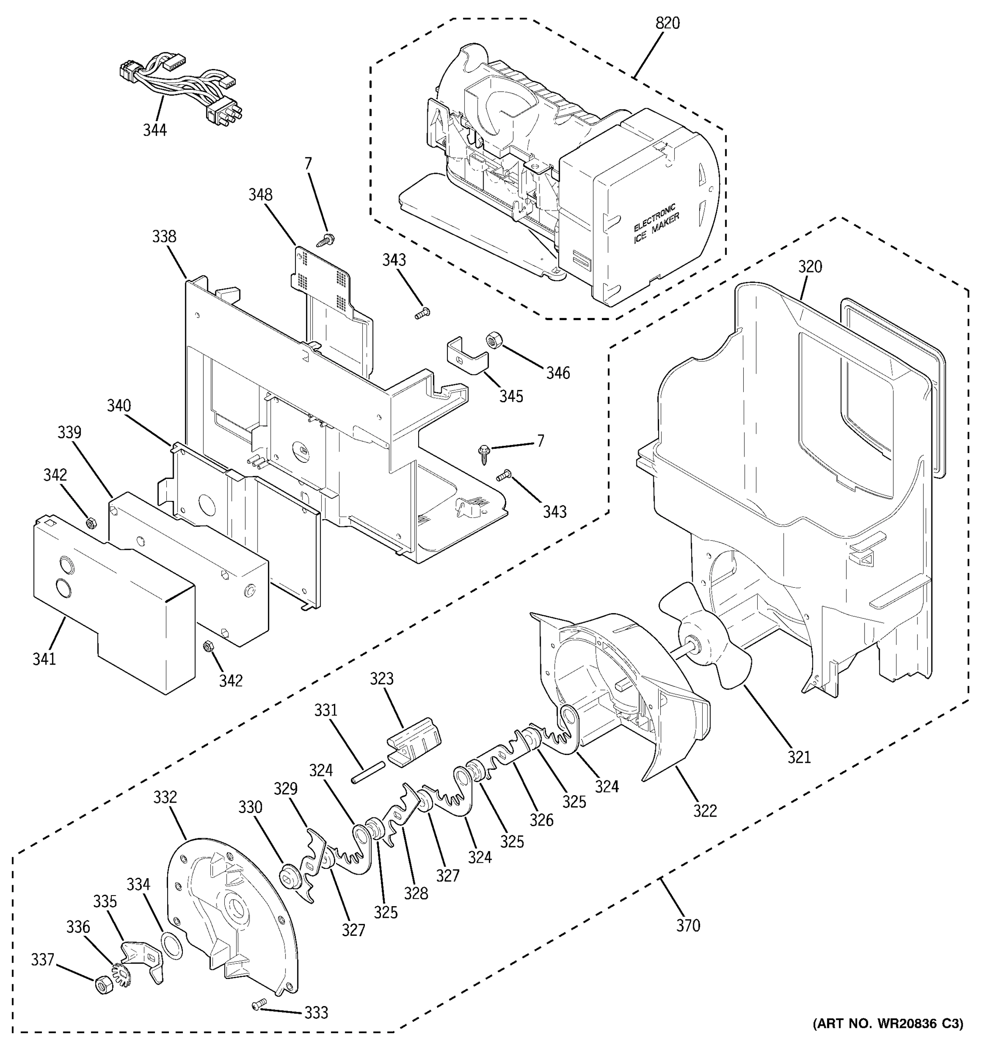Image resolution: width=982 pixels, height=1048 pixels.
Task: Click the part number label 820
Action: point(667,24)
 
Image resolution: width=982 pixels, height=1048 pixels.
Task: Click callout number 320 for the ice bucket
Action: point(810,267)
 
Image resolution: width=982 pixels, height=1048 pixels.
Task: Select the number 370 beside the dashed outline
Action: point(688,926)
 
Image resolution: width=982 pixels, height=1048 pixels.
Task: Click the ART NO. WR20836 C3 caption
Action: point(888,1038)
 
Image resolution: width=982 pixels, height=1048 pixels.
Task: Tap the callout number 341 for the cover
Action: point(44,659)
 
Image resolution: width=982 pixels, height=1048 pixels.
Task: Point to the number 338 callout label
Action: point(164,237)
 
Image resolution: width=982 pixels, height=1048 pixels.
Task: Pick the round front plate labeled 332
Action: point(232,917)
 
